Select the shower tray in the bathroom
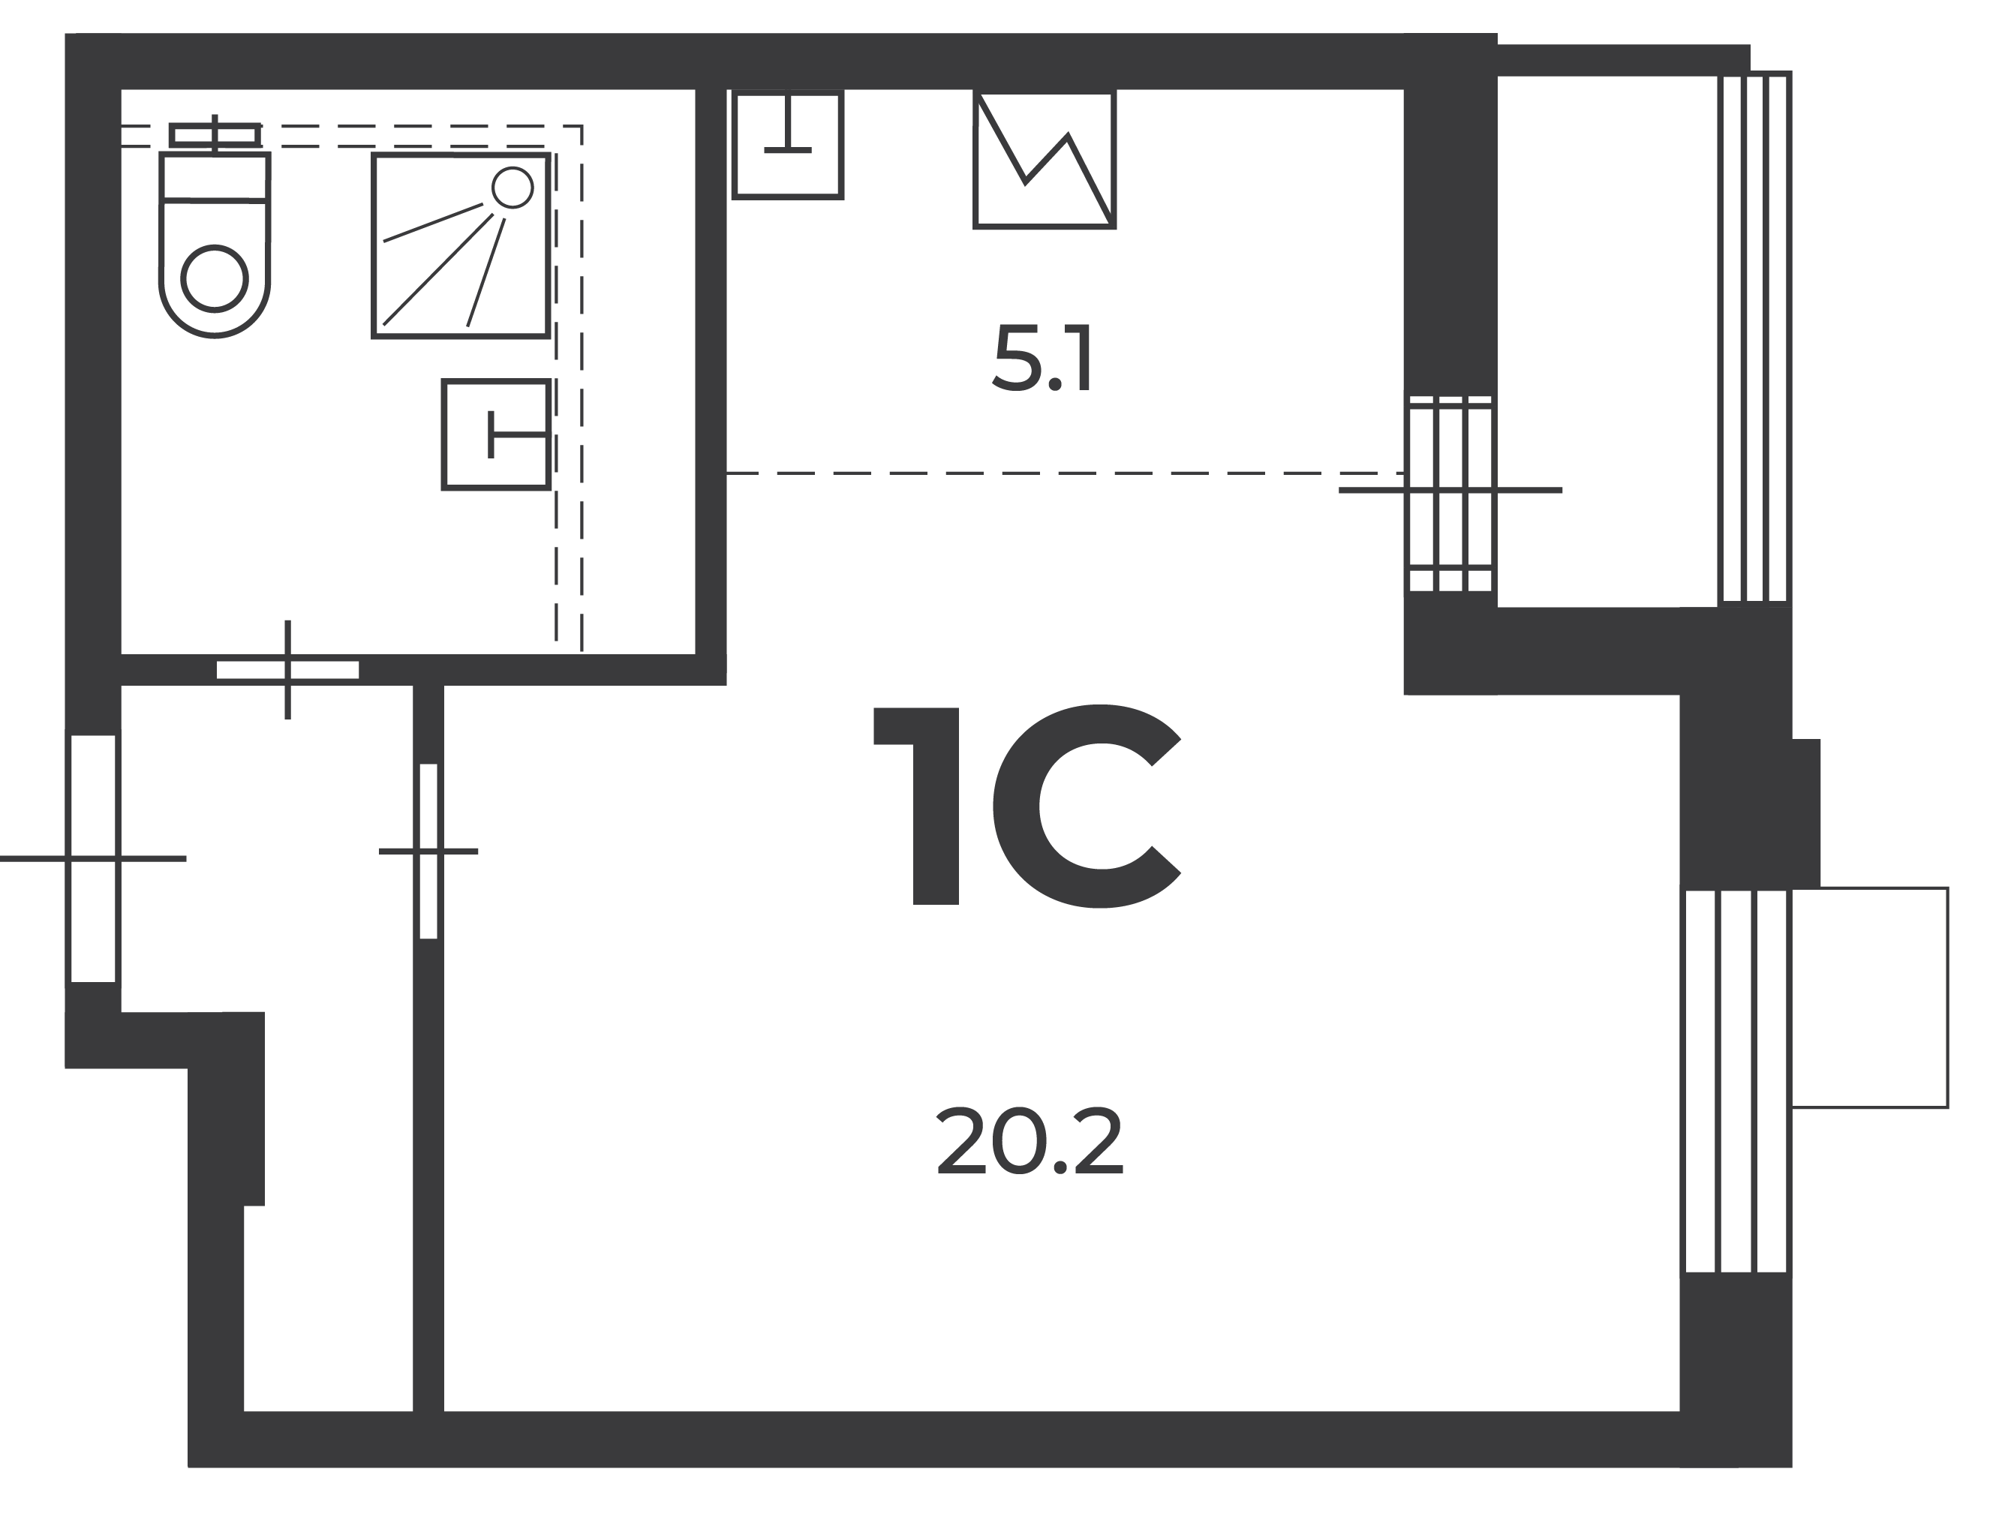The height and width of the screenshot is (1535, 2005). pyautogui.click(x=461, y=246)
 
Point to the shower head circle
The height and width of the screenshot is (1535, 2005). pyautogui.click(x=512, y=188)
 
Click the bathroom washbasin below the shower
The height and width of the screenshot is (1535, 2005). pyautogui.click(x=496, y=434)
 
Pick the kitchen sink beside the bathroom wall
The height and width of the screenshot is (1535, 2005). pyautogui.click(x=788, y=143)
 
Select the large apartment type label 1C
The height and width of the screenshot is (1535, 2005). pyautogui.click(x=1027, y=806)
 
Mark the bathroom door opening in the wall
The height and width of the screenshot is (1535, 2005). pyautogui.click(x=288, y=670)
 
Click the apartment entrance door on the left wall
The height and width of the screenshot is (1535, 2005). pyautogui.click(x=93, y=858)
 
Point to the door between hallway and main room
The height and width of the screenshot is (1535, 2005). pyautogui.click(x=428, y=851)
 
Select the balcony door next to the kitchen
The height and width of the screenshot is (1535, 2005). pyautogui.click(x=1450, y=494)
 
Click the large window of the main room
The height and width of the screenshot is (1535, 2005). pyautogui.click(x=1736, y=1081)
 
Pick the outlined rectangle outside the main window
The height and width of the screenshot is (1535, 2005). pyautogui.click(x=1869, y=998)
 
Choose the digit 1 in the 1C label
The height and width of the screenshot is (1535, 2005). pyautogui.click(x=918, y=806)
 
